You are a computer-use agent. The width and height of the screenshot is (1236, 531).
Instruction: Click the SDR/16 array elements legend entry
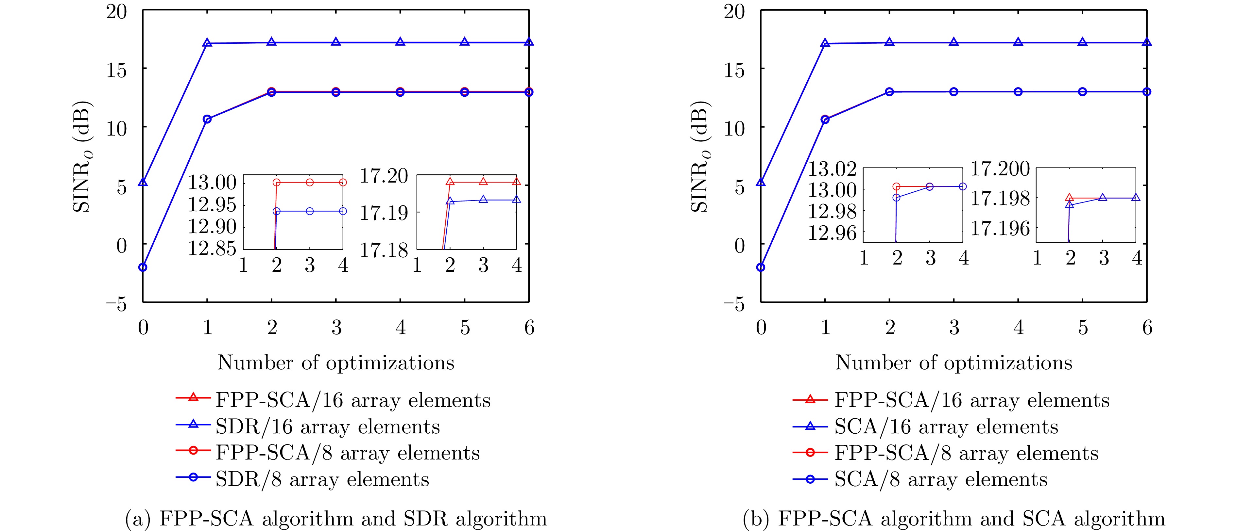click(327, 426)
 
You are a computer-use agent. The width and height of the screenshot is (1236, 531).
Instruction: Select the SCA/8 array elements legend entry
click(940, 479)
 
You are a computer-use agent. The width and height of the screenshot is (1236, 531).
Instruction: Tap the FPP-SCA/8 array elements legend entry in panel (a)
click(347, 453)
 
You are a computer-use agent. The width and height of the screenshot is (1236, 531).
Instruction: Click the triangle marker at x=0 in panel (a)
click(143, 183)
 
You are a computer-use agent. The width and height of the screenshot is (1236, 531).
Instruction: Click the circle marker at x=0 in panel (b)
click(761, 267)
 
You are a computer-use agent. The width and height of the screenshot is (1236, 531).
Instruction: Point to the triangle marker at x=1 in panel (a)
click(207, 43)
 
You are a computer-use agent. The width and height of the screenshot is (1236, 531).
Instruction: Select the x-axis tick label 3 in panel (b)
click(954, 328)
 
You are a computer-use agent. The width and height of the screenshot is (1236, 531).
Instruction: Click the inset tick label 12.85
click(212, 249)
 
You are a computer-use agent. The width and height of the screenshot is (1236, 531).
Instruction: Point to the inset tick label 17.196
click(1000, 229)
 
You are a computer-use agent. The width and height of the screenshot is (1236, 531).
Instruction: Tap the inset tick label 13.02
click(832, 169)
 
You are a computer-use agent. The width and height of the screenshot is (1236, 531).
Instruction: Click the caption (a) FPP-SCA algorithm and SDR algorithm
click(336, 519)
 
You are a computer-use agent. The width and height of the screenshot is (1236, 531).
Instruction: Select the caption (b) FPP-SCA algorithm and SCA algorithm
click(954, 519)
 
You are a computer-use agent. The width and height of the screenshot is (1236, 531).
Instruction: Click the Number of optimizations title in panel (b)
click(954, 363)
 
